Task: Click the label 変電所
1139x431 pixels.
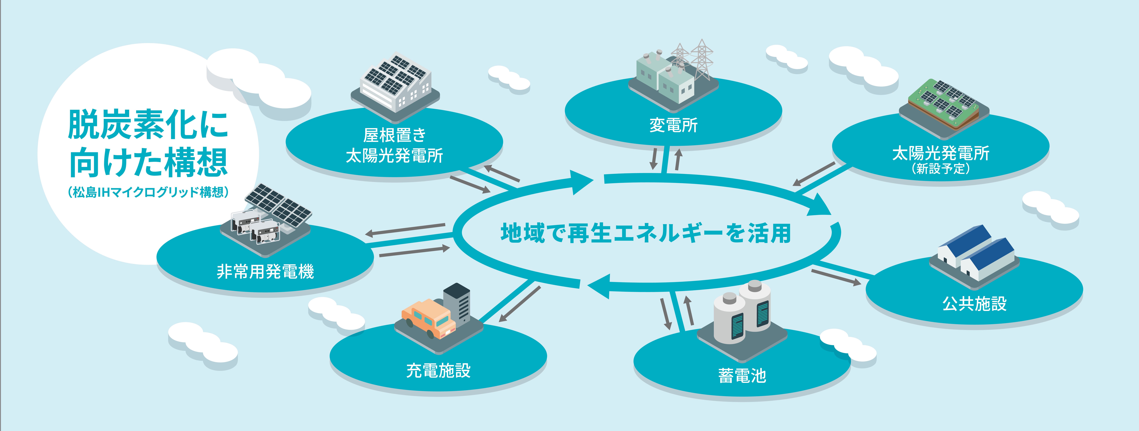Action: (x=673, y=125)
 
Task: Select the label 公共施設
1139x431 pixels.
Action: (x=975, y=304)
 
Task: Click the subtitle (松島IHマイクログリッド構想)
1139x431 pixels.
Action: (x=148, y=192)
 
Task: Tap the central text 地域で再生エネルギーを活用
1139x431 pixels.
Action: (x=646, y=233)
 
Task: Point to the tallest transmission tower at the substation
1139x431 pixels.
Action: (x=701, y=60)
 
